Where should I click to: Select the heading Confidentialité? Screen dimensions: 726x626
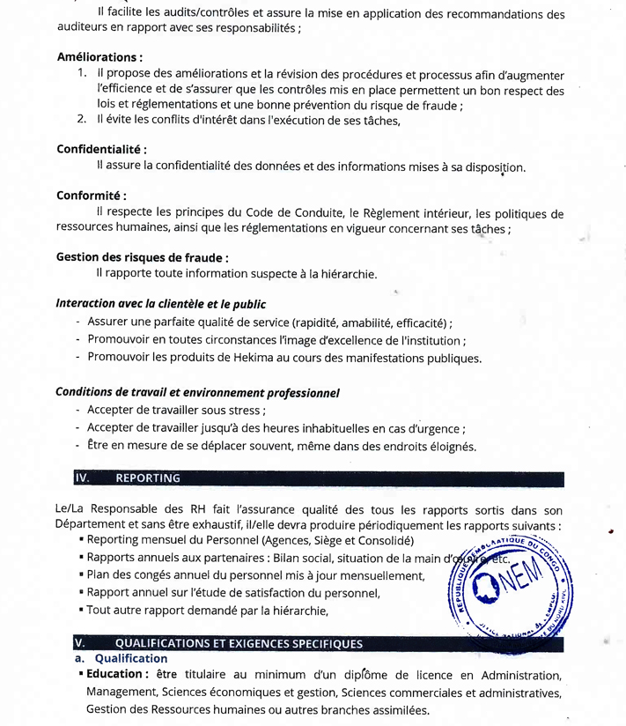pos(100,149)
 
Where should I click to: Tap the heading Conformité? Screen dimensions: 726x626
pos(91,196)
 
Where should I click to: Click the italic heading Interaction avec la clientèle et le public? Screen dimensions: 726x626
pos(160,304)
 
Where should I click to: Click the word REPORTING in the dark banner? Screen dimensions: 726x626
pos(147,478)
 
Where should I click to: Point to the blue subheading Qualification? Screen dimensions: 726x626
pos(130,658)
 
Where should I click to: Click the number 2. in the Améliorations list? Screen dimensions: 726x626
pos(81,120)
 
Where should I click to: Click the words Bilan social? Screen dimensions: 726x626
pos(306,558)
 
